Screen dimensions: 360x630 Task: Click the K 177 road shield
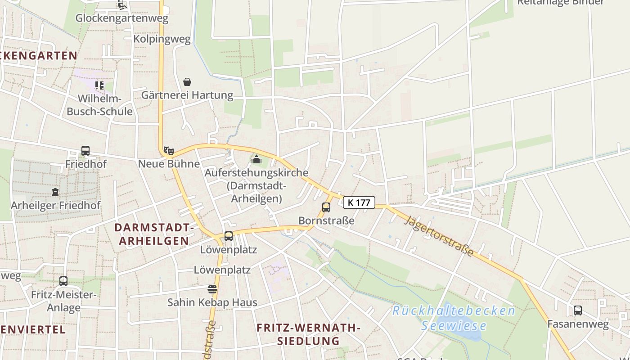click(x=359, y=202)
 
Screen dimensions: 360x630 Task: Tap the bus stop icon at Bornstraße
click(x=326, y=207)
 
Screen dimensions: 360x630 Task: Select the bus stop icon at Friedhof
click(x=85, y=151)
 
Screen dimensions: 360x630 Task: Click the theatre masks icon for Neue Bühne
click(x=169, y=151)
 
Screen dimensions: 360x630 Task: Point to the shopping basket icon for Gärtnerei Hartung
click(x=187, y=82)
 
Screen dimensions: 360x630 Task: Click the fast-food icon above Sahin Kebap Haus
click(x=212, y=289)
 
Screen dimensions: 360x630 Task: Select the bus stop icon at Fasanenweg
click(x=578, y=310)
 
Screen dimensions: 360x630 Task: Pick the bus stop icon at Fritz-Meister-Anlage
click(x=63, y=281)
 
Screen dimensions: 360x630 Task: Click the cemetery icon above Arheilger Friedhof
click(x=55, y=192)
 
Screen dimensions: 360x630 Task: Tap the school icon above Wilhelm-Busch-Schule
click(x=99, y=85)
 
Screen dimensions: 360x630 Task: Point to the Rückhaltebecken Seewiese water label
click(x=454, y=318)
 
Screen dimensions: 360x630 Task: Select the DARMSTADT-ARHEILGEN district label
click(x=154, y=234)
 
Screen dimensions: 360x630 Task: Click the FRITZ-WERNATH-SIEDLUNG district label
click(x=308, y=334)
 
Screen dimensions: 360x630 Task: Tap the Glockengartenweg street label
click(x=121, y=18)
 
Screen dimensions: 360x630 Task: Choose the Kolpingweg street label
click(x=162, y=39)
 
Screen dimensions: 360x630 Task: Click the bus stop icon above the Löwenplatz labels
click(x=229, y=236)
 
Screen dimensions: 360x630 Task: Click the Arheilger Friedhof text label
click(x=55, y=206)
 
